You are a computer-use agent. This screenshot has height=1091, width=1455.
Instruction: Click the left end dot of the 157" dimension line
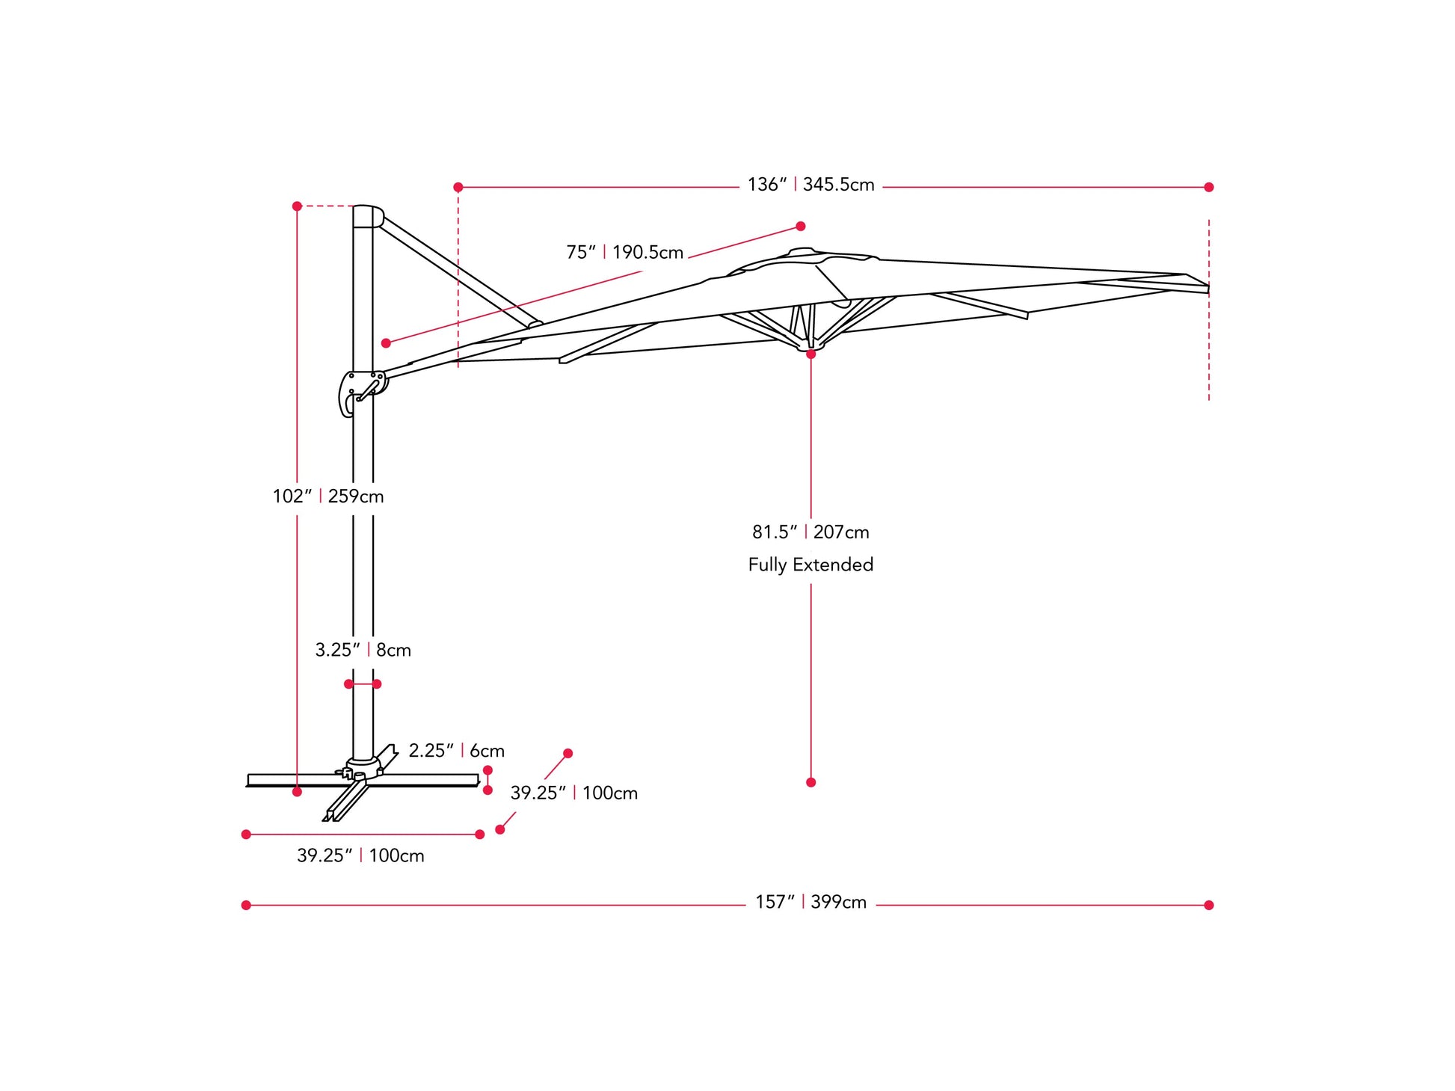(246, 905)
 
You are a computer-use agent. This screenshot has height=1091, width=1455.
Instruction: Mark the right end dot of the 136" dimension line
(1209, 187)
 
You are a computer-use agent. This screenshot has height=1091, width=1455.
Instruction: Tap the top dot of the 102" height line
(297, 206)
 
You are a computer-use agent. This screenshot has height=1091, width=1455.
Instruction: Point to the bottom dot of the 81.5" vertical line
(810, 782)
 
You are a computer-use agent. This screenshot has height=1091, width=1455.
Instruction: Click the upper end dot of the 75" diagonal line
(801, 226)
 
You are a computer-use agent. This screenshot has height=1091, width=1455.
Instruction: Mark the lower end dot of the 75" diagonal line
(386, 343)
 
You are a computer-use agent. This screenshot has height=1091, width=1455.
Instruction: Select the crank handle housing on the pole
(362, 392)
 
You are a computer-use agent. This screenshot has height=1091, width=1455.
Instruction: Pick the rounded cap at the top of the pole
(368, 216)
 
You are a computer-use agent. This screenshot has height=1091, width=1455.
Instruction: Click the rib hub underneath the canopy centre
(810, 344)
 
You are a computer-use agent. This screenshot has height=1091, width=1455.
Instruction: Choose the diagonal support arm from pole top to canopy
(458, 272)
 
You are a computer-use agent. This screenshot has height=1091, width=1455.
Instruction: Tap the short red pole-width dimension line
(363, 684)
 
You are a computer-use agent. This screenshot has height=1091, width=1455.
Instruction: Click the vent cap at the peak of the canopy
(801, 251)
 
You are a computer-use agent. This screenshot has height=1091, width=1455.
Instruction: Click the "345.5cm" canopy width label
(838, 185)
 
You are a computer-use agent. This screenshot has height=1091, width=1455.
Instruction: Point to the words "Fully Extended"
(810, 565)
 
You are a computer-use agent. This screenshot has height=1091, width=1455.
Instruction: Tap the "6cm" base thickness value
(487, 751)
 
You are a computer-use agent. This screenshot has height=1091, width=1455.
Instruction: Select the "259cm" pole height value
(356, 497)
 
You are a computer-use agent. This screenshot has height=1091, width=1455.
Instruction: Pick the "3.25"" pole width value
(337, 650)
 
